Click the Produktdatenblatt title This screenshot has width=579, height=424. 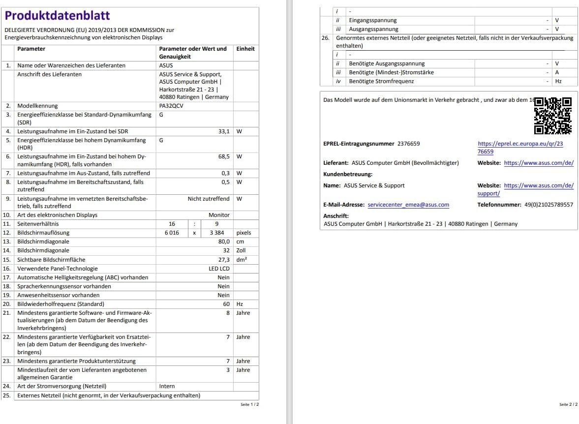point(58,16)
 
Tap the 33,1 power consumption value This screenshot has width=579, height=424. point(224,131)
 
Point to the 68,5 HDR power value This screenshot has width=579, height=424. point(224,156)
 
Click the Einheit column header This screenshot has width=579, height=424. point(245,49)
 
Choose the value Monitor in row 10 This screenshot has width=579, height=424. point(219,215)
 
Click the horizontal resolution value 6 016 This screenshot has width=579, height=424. point(172,233)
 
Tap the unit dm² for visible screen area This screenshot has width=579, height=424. point(242,260)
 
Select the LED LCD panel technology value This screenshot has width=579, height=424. point(219,269)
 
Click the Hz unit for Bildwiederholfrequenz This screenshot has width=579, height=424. point(240,304)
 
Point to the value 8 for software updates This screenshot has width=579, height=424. point(228,313)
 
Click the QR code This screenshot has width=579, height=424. point(553,116)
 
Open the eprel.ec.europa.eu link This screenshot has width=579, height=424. point(520,148)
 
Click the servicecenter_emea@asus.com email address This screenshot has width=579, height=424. point(408,205)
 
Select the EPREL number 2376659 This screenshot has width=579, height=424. point(408,144)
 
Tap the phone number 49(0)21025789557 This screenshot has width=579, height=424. point(548,205)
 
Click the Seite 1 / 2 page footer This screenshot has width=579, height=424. point(249,404)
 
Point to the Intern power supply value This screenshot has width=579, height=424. point(167,386)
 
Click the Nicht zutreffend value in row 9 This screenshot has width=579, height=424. point(209,199)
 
